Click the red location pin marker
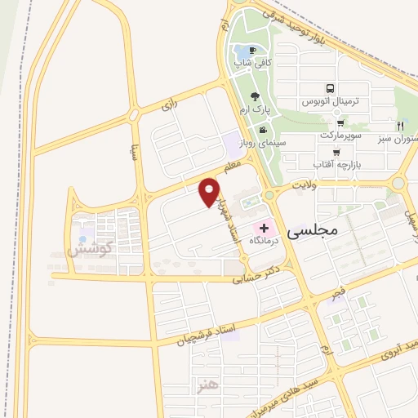point(210,192)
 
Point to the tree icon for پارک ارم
point(256,96)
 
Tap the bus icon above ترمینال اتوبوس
point(330,88)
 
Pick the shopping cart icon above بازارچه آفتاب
point(336,153)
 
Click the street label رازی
point(169,105)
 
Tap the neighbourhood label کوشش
point(87,250)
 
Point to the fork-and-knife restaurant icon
point(400,126)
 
